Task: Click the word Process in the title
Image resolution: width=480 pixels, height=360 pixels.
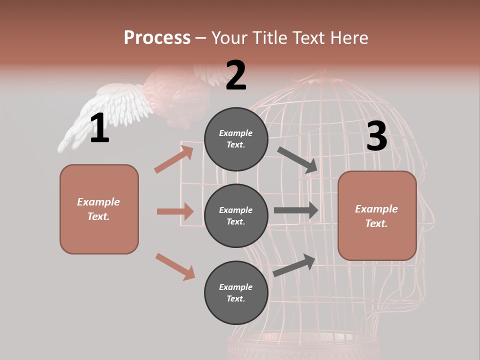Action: [157, 37]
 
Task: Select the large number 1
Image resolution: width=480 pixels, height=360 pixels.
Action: [99, 128]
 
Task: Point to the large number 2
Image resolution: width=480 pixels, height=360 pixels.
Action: [236, 75]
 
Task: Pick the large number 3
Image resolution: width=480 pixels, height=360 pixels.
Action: [376, 136]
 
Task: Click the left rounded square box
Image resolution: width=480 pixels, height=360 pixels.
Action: [99, 209]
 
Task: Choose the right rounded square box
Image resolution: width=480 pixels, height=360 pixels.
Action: [377, 216]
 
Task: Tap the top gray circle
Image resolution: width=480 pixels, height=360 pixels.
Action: [236, 139]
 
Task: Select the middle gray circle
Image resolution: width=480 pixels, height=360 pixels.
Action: [236, 215]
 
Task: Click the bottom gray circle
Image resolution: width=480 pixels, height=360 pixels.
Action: [236, 292]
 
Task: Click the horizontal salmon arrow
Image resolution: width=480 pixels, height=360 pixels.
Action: [175, 211]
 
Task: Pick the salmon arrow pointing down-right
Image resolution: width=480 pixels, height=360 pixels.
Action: [175, 266]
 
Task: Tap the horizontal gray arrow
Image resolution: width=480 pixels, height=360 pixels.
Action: [296, 210]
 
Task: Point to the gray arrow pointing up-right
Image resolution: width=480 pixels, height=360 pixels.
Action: [294, 265]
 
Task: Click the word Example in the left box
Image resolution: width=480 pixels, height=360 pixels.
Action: [98, 202]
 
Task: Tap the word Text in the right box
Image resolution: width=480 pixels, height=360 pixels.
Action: [376, 223]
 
